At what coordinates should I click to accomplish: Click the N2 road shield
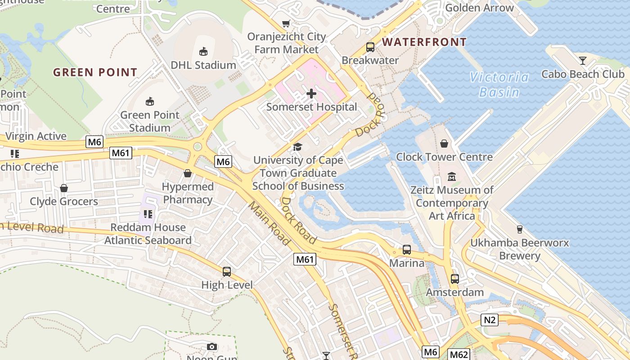490,320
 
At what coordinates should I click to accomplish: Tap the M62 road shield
459,354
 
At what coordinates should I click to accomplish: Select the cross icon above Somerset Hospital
311,94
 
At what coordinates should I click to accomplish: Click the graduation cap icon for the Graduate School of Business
297,147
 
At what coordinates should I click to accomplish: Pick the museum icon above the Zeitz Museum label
452,176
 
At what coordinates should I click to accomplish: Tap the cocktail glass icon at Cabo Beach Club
583,60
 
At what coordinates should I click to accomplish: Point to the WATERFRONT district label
424,42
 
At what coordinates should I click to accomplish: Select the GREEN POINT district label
95,72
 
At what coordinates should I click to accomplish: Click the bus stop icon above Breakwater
370,47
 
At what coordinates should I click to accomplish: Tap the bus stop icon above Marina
406,249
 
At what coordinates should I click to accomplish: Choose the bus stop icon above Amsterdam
454,279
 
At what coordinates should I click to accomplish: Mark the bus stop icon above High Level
227,271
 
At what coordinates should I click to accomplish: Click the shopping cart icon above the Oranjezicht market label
286,23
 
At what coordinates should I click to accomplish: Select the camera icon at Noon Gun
211,346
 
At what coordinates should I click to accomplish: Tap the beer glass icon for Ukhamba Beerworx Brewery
519,229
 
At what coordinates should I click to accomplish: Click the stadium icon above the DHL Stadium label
203,51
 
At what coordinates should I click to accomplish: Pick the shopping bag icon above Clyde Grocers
64,188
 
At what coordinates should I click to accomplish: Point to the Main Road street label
269,224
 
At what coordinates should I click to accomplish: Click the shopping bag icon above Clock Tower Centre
444,144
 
